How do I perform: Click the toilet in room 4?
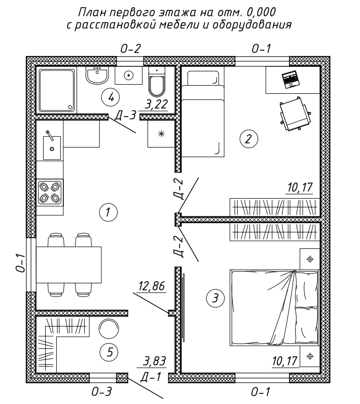coord(156,82)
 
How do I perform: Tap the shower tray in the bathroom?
coord(57,90)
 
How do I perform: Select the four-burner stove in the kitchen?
coord(50,193)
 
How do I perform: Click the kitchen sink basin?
coord(52,148)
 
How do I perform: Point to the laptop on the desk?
coord(291,79)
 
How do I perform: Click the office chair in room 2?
coord(295,114)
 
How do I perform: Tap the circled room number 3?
coord(215,299)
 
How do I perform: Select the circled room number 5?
coord(110,352)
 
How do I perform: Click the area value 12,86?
coord(152,286)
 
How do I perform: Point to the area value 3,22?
coord(156,104)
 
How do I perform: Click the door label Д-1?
coord(151,377)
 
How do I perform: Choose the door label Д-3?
coord(125,116)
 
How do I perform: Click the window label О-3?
coord(102,392)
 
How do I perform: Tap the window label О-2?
coord(131,49)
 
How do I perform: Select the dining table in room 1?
coord(68,265)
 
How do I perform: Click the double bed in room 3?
coord(274,308)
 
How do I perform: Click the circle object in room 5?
coord(109,329)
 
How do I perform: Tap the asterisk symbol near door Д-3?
coord(161,134)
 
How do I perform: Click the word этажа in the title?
coord(175,13)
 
